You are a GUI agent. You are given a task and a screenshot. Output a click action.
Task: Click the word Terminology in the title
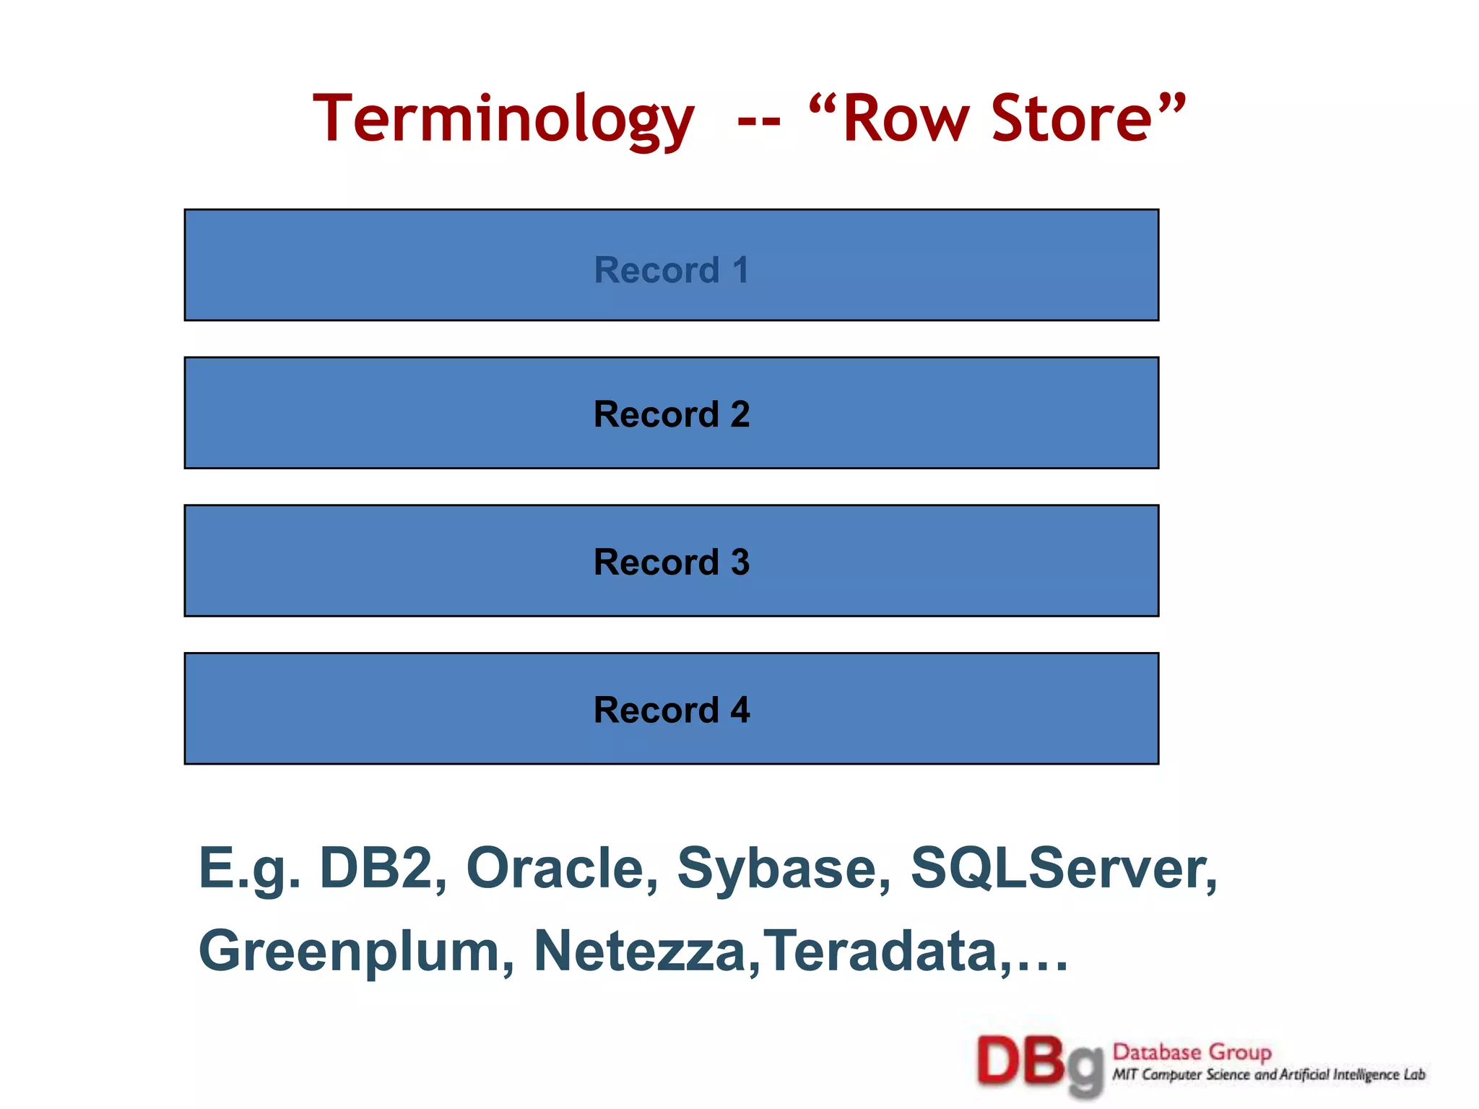(503, 120)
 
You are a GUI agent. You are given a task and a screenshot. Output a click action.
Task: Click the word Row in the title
(906, 120)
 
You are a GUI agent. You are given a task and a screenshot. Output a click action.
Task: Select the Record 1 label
(672, 270)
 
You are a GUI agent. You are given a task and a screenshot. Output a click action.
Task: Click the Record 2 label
(672, 414)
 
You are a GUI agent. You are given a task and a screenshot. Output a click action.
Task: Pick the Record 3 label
(672, 562)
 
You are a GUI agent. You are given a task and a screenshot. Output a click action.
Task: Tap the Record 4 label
(672, 710)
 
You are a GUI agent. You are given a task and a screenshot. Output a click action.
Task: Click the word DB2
(383, 868)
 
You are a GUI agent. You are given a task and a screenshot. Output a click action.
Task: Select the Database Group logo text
(1192, 1052)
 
